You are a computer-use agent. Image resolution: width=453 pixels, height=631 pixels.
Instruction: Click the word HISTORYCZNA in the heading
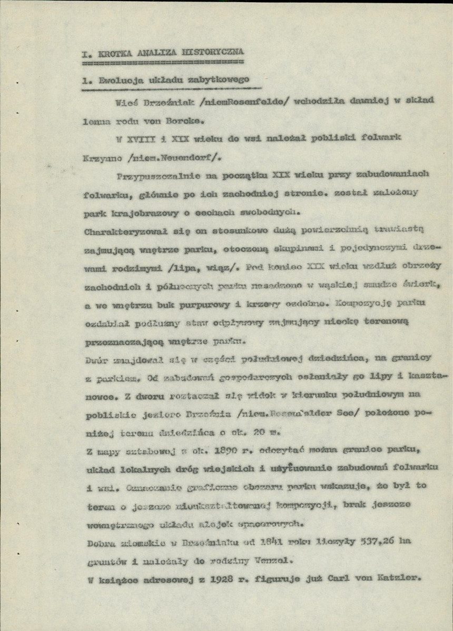click(x=212, y=53)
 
